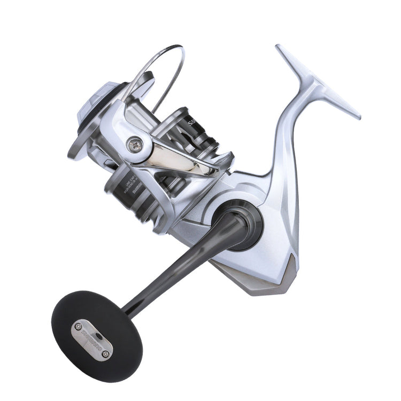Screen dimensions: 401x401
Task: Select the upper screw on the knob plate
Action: [78, 326]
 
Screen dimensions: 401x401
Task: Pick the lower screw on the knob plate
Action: [105, 352]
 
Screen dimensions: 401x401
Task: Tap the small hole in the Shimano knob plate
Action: [92, 339]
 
